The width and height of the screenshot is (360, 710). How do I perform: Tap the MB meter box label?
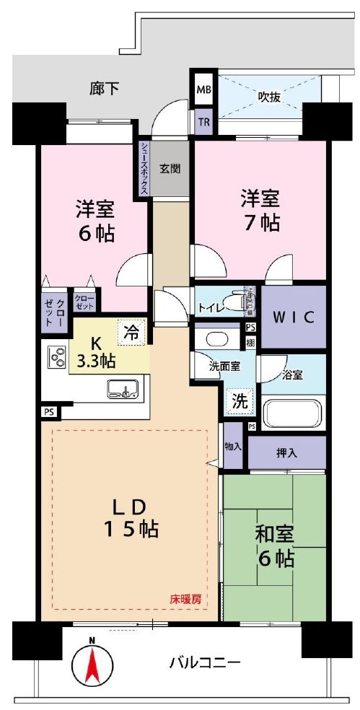click(203, 92)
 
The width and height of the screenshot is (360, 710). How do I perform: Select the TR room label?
click(203, 121)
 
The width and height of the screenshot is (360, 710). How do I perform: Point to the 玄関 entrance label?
click(170, 170)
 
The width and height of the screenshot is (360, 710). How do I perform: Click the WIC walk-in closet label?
click(293, 317)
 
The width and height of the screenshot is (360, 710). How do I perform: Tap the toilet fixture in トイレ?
click(232, 303)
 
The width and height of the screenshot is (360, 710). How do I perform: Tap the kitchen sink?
click(122, 390)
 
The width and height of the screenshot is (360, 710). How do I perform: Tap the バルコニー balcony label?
click(205, 662)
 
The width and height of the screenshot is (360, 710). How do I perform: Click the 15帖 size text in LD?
click(130, 530)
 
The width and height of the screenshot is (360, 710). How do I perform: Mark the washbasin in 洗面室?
click(214, 338)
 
